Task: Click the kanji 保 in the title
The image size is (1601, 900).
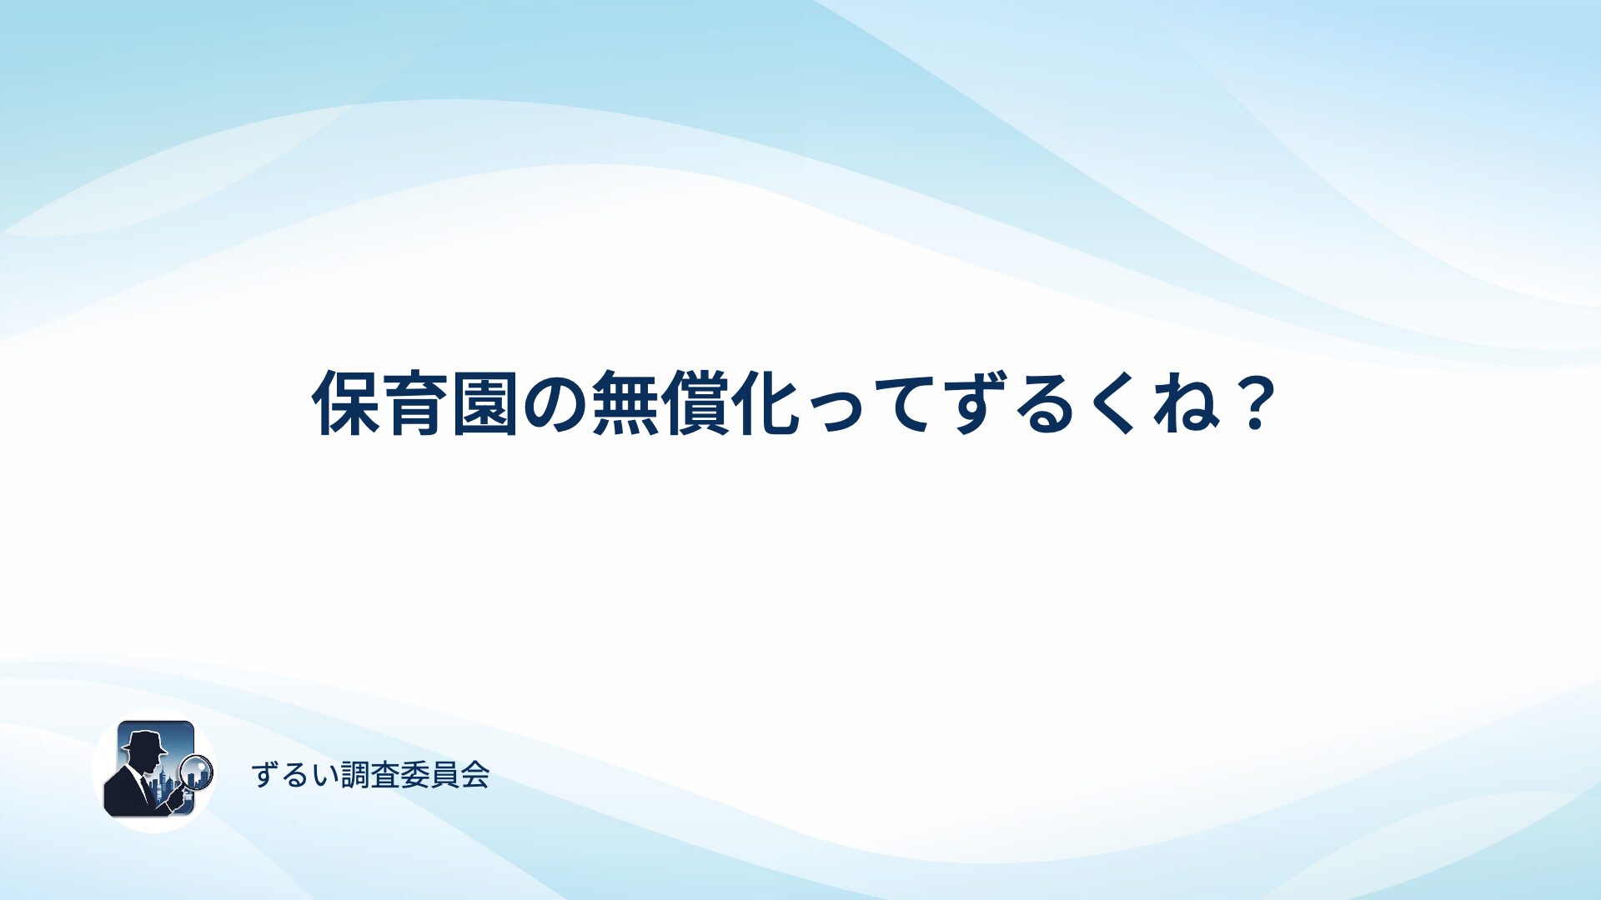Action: coord(346,403)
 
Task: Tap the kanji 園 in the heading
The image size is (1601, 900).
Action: coord(485,403)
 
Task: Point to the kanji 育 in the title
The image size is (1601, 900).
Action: coord(416,403)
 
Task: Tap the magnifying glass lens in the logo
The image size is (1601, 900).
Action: coord(198,771)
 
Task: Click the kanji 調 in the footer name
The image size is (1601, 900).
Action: coord(355,775)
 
